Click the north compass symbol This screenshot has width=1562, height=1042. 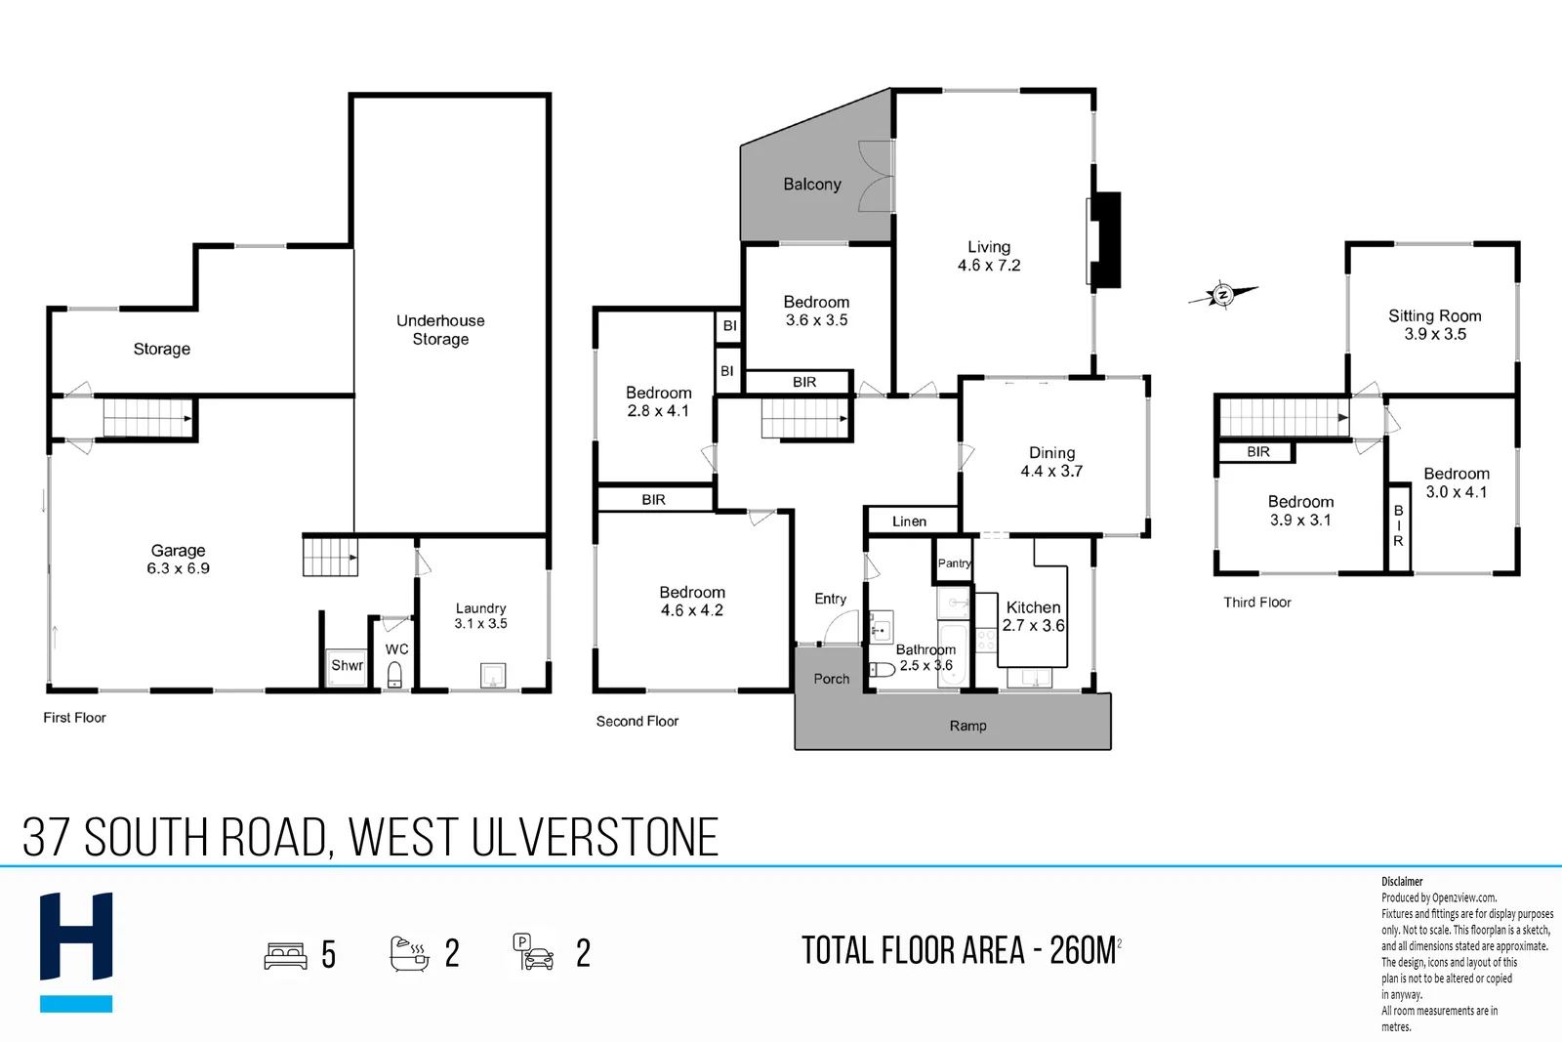[x=1222, y=295]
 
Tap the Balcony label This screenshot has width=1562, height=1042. [x=811, y=185]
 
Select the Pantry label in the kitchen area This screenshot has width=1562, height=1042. [x=954, y=563]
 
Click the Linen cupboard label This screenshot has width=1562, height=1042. [x=909, y=521]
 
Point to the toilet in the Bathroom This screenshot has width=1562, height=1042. [x=882, y=670]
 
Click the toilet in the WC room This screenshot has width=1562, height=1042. [x=394, y=675]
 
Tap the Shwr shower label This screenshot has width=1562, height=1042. [x=347, y=665]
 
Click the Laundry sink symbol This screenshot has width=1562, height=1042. [x=493, y=675]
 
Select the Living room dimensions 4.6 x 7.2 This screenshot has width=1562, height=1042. [x=989, y=266]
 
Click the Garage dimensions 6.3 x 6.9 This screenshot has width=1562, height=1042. [x=178, y=568]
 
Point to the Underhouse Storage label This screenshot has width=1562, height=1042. [x=440, y=330]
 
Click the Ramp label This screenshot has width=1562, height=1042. [x=967, y=726]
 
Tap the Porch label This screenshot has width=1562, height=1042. [x=831, y=679]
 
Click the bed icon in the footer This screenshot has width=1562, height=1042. [x=285, y=955]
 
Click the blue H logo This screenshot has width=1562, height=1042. [x=76, y=952]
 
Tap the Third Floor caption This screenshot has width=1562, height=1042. [x=1257, y=603]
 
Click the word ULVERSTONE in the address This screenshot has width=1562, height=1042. [x=595, y=837]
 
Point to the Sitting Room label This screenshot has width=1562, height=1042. [x=1434, y=316]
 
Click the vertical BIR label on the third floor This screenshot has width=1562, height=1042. [x=1398, y=525]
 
